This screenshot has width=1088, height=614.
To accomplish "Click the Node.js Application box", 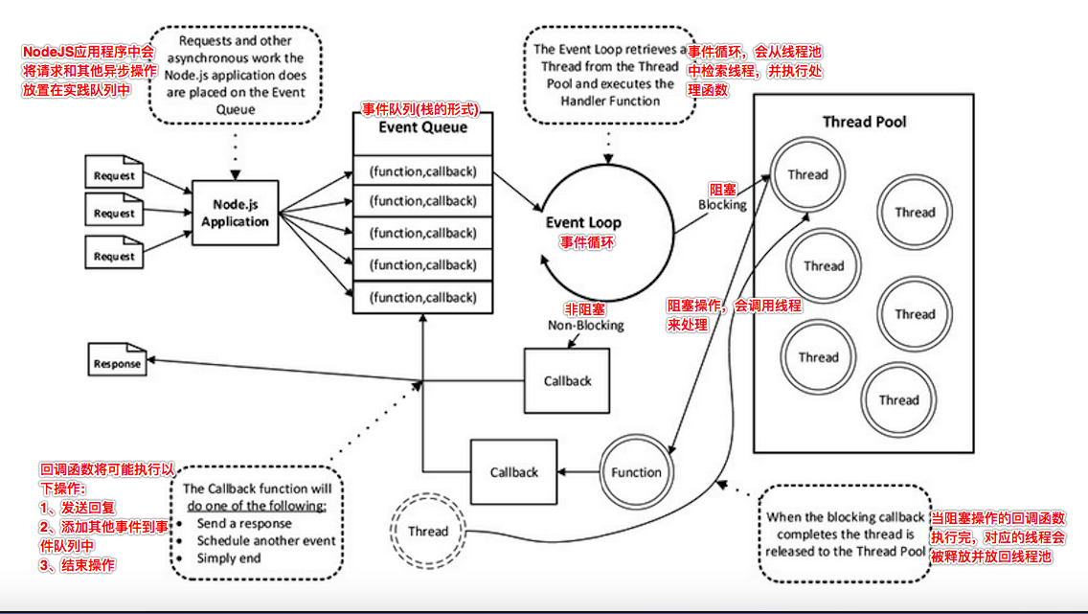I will [x=235, y=213].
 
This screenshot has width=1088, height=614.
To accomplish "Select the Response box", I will [x=117, y=363].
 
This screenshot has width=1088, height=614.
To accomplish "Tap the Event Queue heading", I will [x=423, y=127].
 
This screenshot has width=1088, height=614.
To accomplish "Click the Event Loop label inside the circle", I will [x=583, y=223].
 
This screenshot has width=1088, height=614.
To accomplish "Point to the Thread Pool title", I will [x=864, y=122].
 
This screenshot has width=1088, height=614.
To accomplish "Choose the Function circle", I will [x=636, y=472].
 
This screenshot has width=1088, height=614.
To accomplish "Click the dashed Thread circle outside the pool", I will [x=427, y=531].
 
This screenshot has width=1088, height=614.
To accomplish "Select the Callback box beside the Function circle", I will [x=513, y=472].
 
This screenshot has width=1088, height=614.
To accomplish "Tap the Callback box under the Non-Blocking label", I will [x=567, y=380].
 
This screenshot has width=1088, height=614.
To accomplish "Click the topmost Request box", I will [x=114, y=176].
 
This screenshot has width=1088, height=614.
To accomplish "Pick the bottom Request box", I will [x=114, y=256].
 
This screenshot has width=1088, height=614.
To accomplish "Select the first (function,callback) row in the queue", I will [x=422, y=172].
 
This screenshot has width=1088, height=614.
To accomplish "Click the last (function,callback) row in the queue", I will [x=422, y=296].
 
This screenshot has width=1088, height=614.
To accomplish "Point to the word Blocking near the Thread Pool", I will [x=721, y=205].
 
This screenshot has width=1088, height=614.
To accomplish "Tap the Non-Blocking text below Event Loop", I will [x=585, y=326].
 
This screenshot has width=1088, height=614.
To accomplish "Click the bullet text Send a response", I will [x=244, y=524].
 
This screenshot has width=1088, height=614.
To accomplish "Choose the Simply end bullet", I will [x=229, y=557].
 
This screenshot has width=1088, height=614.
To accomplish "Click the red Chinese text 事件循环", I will [x=587, y=242].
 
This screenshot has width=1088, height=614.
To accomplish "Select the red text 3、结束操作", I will [x=78, y=565].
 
